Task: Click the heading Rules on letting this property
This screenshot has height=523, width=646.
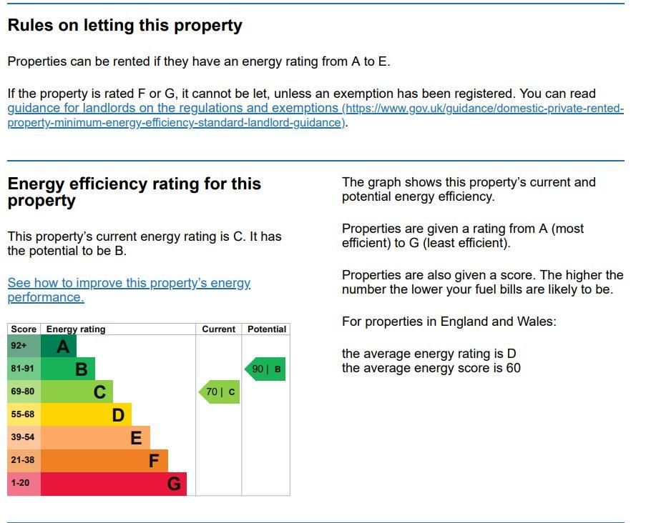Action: tap(125, 26)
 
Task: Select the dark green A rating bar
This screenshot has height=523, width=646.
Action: tap(59, 347)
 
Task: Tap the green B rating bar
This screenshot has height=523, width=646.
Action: tap(68, 369)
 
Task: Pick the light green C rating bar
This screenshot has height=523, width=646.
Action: tap(77, 392)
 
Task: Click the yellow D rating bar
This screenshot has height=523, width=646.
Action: tap(86, 415)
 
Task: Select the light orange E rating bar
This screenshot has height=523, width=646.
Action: tap(95, 438)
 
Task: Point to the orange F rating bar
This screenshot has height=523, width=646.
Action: tap(104, 461)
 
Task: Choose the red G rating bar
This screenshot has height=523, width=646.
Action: tap(114, 484)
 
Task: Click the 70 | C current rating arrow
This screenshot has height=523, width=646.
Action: tap(219, 392)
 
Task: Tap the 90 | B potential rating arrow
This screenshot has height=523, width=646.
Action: tap(265, 369)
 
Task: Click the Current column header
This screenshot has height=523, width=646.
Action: tap(218, 329)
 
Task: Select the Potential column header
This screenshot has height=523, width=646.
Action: tap(266, 329)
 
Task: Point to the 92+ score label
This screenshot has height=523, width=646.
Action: tap(19, 346)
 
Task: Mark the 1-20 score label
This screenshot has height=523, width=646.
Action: tap(21, 483)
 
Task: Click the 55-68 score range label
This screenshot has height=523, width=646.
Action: tap(23, 414)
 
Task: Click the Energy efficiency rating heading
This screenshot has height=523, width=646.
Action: tap(134, 192)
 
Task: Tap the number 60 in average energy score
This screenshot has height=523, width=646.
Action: tap(513, 369)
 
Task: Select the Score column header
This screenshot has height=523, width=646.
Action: tap(24, 329)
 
